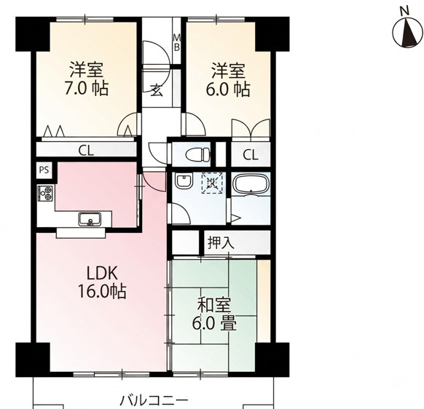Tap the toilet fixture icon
tap(198, 155)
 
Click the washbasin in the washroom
tap(184, 181)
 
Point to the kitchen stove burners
tap(45, 193)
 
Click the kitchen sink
tap(90, 219)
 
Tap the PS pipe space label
tap(44, 170)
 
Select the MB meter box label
tap(176, 42)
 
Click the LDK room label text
tap(102, 274)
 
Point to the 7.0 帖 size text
tap(87, 88)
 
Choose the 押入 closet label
tap(221, 242)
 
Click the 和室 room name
tap(214, 305)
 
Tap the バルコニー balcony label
tap(154, 400)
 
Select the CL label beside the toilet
tap(251, 155)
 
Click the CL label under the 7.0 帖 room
tap(86, 151)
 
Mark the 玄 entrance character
tap(157, 90)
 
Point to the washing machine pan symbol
tap(212, 183)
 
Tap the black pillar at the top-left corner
tap(33, 34)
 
